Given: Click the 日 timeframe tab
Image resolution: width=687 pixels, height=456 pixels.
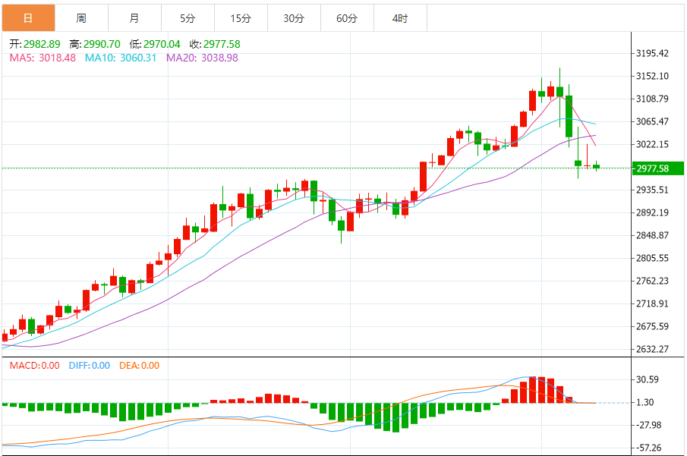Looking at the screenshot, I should [x=28, y=18].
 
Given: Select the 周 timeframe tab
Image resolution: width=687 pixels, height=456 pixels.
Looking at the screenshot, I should [x=81, y=18].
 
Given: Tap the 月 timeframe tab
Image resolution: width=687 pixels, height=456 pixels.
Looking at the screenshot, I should [x=134, y=18].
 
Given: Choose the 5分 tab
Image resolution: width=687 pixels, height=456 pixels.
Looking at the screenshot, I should [x=188, y=18].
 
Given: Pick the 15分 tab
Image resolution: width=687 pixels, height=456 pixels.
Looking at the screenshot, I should [x=241, y=18].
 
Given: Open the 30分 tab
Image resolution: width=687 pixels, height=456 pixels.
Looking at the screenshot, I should [x=294, y=18].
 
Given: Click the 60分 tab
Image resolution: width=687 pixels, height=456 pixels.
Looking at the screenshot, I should [x=347, y=18].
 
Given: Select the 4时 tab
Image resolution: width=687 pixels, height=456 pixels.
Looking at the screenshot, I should [x=400, y=18].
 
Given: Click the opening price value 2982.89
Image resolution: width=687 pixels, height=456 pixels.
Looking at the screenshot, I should [x=42, y=44].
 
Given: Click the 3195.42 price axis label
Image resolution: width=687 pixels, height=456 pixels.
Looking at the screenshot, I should [x=653, y=53].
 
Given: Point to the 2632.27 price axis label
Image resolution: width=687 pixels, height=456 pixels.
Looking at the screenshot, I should [x=653, y=349].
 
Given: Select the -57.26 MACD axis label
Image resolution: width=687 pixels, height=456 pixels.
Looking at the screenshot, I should [x=650, y=448].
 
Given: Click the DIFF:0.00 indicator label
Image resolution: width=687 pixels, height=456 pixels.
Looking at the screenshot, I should [x=90, y=366].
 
